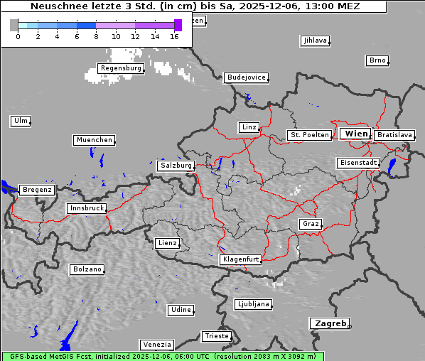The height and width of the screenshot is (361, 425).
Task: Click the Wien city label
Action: coord(355,134)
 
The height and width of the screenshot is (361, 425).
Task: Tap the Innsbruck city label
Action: coord(86,208)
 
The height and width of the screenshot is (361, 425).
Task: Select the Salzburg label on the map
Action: coord(176,165)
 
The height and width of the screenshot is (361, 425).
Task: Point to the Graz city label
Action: coord(310,224)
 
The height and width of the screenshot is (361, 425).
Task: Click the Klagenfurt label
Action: coord(240,259)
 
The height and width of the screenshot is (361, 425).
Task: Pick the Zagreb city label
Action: coord(329,323)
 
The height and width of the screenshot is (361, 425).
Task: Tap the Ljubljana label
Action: coord(253,304)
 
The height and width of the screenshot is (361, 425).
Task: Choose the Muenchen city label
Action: coord(94,140)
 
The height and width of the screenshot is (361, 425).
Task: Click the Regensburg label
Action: coord(120,68)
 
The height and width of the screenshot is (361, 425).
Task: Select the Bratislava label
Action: coord(394,134)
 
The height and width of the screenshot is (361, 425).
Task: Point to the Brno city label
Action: coord(377,60)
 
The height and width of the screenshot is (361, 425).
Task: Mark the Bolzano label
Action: coord(87,269)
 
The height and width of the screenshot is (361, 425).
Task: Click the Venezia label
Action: coord(156,344)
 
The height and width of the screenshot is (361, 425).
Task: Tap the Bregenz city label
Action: coord(37,190)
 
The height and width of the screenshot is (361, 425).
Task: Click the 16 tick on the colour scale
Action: coord(175,36)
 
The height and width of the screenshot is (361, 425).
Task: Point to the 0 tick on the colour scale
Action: coord(18,36)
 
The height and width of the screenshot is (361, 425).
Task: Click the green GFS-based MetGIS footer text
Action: coord(162,356)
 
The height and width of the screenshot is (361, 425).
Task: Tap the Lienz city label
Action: coord(166,243)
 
